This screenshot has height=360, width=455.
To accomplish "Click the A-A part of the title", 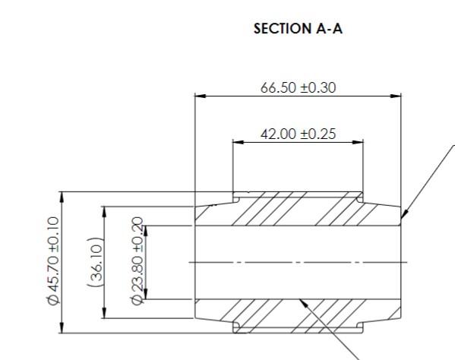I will click(325, 29).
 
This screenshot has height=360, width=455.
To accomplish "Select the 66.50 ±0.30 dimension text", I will click(298, 87).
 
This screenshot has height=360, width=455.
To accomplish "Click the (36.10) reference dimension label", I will click(96, 262).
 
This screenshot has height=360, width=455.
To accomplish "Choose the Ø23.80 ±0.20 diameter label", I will click(137, 262).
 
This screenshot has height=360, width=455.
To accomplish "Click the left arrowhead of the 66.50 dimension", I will click(200, 96).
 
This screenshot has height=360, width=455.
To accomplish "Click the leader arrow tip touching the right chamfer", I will click(402, 219).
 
